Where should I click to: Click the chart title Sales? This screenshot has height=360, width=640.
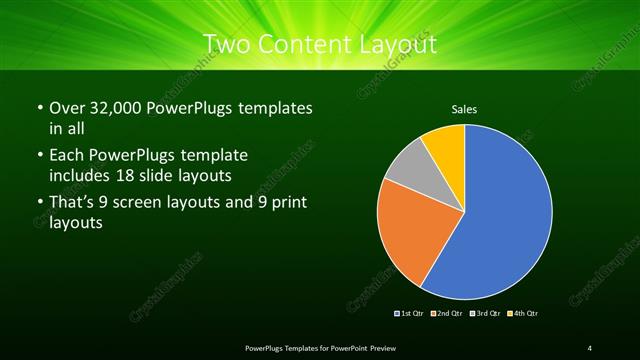[x=465, y=107]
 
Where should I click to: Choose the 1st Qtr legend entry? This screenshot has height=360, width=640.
[x=410, y=314]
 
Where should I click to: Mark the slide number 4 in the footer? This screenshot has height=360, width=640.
[x=590, y=347]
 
